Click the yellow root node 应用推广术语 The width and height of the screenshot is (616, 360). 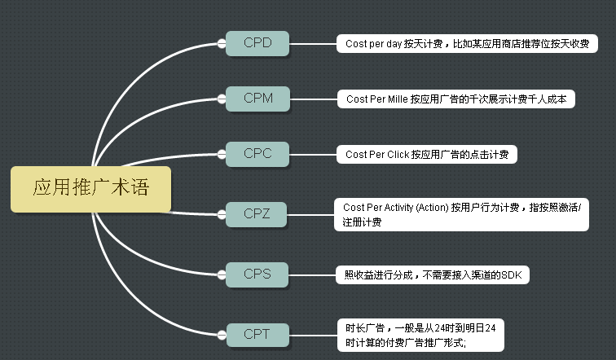coord(90,189)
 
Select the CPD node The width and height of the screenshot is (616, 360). coord(257,43)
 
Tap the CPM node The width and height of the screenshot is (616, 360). coord(257,99)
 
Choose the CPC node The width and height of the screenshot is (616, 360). coord(257,154)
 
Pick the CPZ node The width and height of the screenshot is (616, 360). coord(256,214)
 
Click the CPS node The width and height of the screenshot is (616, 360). coord(257,274)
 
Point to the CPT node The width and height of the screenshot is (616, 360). coord(257,335)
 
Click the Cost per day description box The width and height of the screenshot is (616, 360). coord(467,44)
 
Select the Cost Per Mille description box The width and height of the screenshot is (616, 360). coord(456,99)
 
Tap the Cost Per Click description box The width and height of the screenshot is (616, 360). coord(427,154)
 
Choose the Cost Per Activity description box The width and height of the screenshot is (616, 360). coord(462,215)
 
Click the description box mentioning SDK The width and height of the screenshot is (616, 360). coord(433,274)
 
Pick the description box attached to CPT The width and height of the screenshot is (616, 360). coord(420,336)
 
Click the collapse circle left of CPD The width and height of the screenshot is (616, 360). coord(222,44)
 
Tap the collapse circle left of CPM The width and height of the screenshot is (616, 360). coord(222,99)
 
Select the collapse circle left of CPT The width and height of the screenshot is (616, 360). coord(222,336)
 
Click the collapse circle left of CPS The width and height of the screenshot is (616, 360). coord(222,274)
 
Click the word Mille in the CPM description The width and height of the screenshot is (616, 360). coord(398,99)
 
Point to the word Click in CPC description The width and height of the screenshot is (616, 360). coord(398,155)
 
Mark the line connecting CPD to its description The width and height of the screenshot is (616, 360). coord(313,44)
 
